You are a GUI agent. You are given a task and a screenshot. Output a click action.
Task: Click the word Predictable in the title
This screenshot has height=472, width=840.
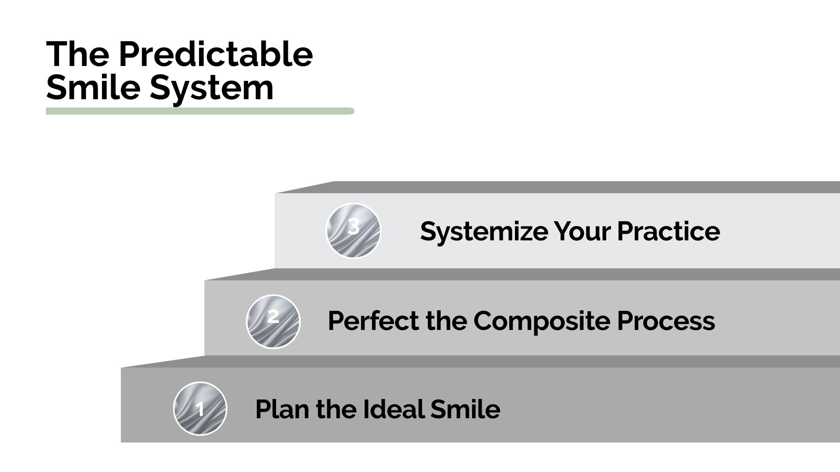[215, 55]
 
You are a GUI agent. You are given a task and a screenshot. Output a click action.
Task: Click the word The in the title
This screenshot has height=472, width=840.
[77, 55]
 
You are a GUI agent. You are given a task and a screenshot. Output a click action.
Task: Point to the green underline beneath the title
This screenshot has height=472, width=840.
[199, 111]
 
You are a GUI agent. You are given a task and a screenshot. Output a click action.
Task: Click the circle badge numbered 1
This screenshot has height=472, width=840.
[200, 409]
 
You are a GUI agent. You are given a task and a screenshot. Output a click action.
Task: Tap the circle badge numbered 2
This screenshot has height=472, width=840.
[273, 321]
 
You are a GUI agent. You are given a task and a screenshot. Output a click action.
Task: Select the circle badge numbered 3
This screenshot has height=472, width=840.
[353, 231]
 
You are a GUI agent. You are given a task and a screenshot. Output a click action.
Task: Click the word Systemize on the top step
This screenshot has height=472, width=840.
[483, 232]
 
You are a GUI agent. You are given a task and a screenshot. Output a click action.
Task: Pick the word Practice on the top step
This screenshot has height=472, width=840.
[668, 232]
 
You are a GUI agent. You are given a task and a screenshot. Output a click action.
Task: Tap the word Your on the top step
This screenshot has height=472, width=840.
[582, 232]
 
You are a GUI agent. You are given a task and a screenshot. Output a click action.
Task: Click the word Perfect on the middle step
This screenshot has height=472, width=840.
[373, 321]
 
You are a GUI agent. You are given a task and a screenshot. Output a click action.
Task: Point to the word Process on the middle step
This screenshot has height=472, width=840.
[666, 321]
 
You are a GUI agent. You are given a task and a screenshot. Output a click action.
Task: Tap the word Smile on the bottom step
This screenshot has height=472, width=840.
[465, 410]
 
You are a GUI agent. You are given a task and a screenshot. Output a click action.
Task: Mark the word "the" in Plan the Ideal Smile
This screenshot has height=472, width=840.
[336, 410]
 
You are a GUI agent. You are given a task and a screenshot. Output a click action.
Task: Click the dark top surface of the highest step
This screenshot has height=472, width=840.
[569, 187]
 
